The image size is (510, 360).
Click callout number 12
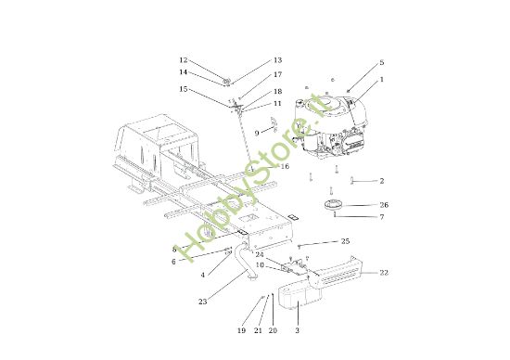point(184,60)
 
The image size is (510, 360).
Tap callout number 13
point(277,60)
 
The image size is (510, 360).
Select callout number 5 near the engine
point(382,62)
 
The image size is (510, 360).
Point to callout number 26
point(384,205)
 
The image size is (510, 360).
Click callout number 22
point(384,273)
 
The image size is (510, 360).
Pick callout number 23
point(203,302)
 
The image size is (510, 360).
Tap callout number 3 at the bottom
point(297,330)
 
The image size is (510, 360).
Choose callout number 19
point(241,330)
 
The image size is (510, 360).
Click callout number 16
point(285,166)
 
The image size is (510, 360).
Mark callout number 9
point(257,133)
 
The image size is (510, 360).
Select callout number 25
point(346,241)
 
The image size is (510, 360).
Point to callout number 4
point(203,275)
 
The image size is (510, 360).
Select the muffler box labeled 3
point(300,295)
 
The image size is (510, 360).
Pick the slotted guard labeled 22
point(335,272)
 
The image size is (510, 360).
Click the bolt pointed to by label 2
point(352,180)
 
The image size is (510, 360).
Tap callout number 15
point(184,89)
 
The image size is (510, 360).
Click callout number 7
point(382,217)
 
